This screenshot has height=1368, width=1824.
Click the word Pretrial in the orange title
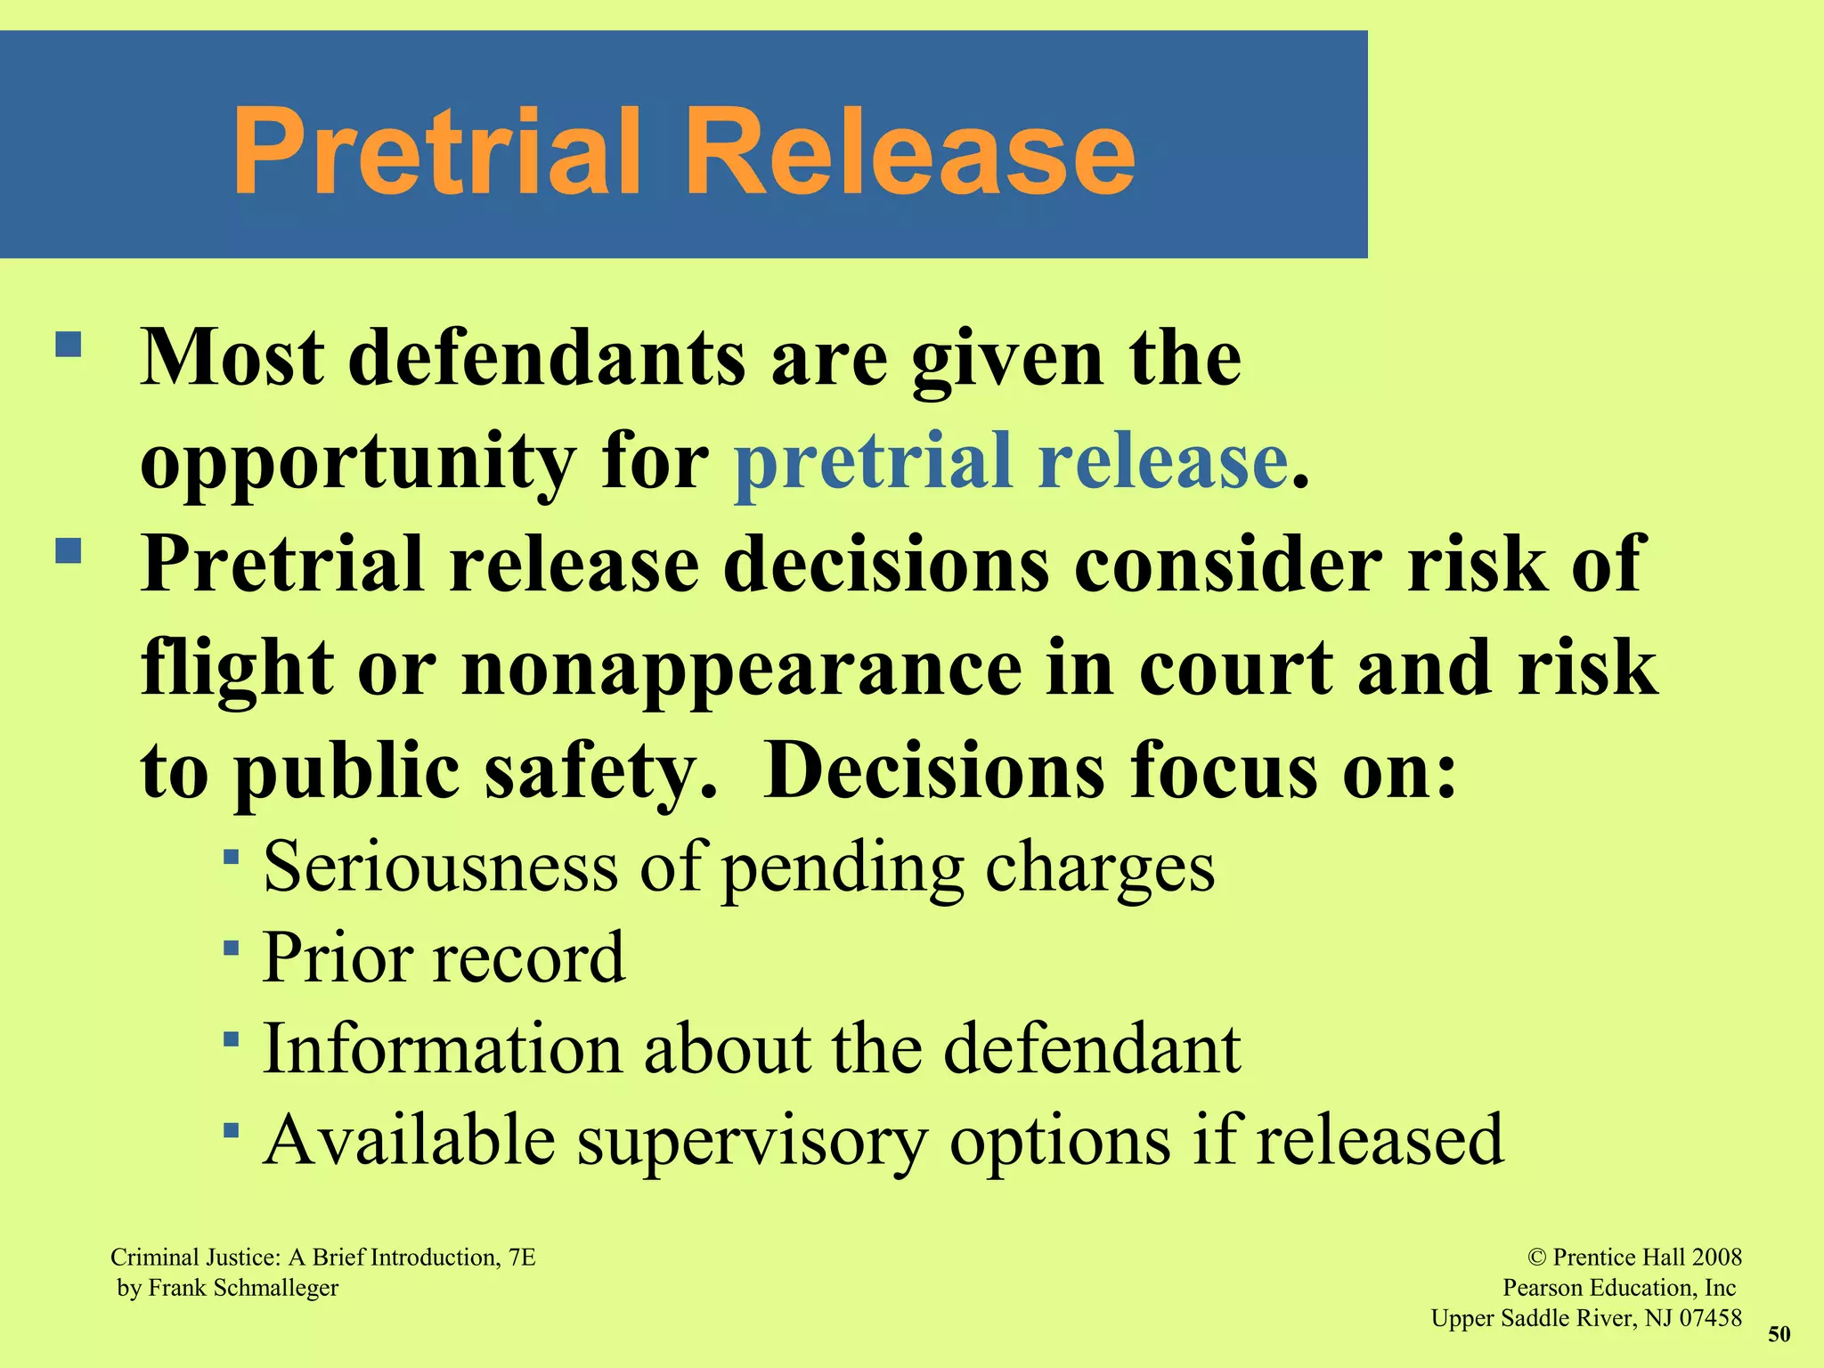[436, 151]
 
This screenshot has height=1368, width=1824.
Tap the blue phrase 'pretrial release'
[1011, 462]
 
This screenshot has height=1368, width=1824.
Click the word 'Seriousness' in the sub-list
[441, 867]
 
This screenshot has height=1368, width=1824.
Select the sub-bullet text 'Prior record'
[444, 958]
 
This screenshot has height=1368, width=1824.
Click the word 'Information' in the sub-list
[442, 1049]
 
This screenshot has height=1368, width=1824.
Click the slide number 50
[1779, 1334]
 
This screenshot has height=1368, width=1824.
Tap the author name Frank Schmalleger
[243, 1288]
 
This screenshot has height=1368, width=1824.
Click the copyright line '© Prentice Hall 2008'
[1634, 1258]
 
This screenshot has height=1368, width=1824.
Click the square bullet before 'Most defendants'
[69, 345]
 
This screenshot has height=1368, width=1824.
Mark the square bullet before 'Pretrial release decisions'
[69, 550]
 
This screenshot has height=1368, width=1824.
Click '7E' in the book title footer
[522, 1258]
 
